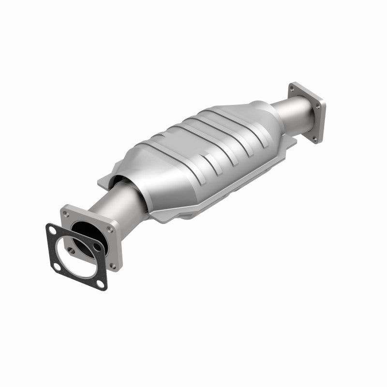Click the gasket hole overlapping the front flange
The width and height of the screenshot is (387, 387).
[x=97, y=247]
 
